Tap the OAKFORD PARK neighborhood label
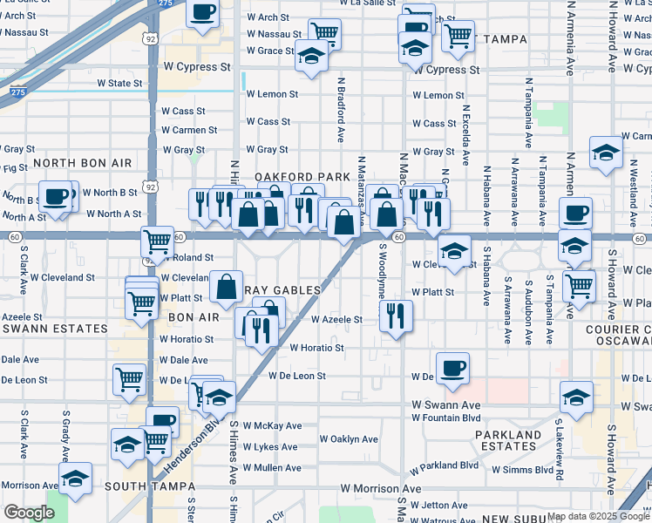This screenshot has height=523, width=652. pos(302,177)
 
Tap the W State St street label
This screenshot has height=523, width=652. pos(119,84)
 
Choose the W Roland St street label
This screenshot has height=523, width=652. pos(187,258)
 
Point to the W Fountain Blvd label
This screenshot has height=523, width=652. pos(447,418)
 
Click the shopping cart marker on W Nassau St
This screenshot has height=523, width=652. pos(323,33)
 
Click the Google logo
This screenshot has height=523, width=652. pos(29,513)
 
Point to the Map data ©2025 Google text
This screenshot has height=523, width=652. pos(594,514)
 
